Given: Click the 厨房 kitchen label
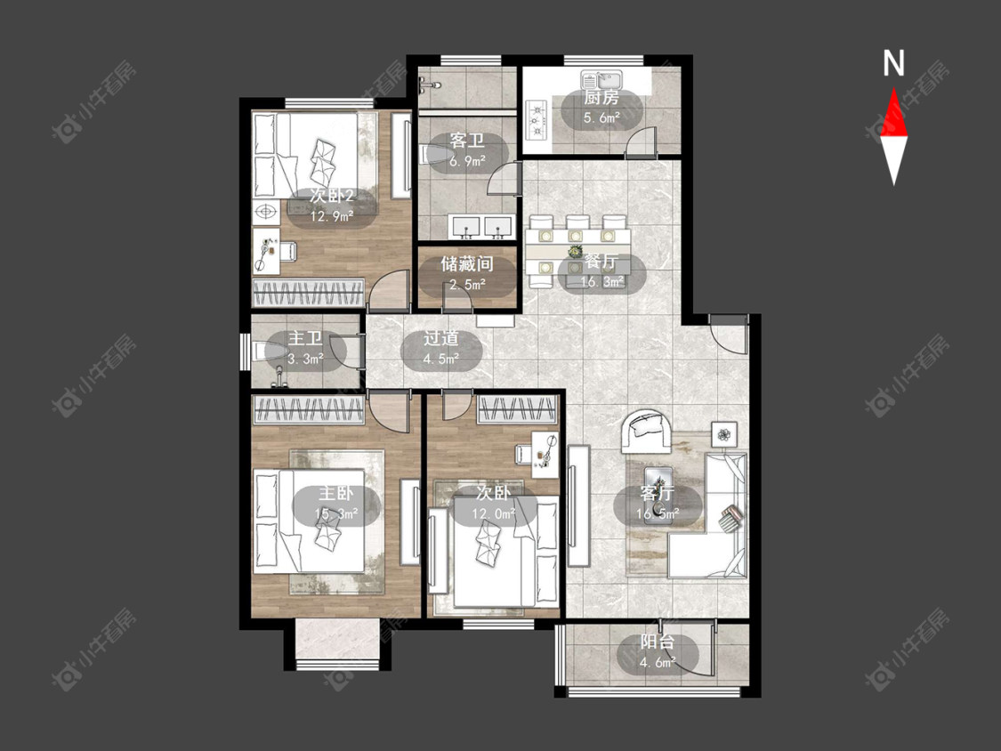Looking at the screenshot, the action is pos(601,98).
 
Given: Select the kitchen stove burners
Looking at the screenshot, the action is pos(537,119).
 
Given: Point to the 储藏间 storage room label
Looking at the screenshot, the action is pos(466,263).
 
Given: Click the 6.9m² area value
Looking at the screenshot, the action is pos(466,161).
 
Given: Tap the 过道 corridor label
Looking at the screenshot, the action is pos(440,339).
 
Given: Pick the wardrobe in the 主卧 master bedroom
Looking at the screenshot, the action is pos(309,409).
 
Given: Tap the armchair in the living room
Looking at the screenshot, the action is pos(648,431).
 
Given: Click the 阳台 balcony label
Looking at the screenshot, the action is pos(657,642).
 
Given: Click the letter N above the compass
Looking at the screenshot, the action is pos(893,63).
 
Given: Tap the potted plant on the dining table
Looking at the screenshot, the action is pos(575,252).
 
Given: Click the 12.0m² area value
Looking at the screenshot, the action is pos(494,513).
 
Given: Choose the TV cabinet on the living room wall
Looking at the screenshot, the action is pos(578,506).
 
